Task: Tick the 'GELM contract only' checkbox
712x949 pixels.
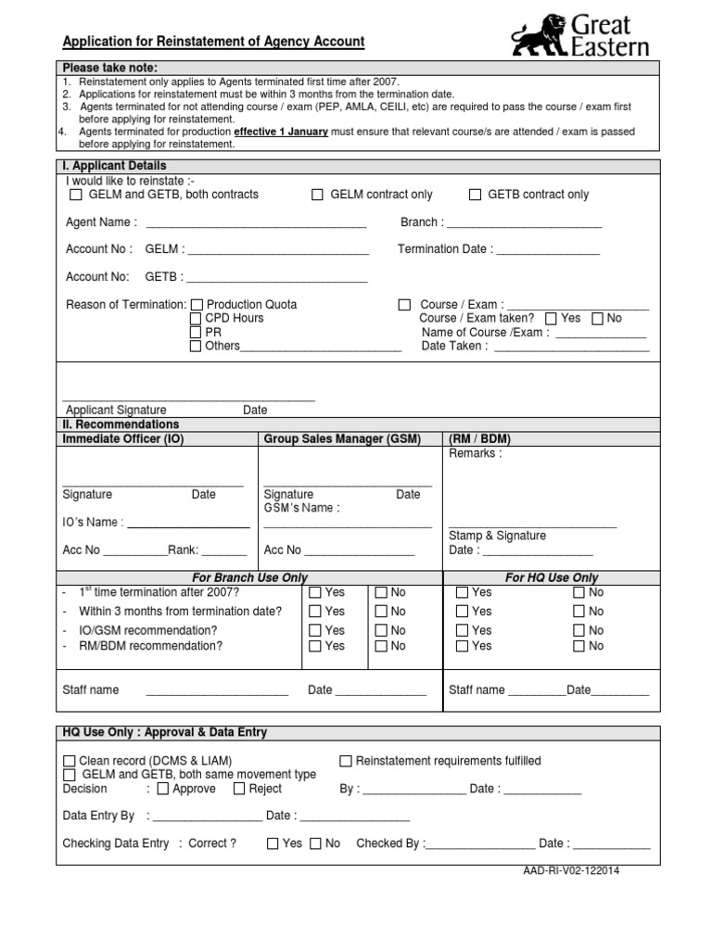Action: [x=317, y=195]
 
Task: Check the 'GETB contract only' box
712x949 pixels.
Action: [x=475, y=195]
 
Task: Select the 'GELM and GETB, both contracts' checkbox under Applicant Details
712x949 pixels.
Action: [x=76, y=195]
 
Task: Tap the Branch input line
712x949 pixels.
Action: [x=525, y=223]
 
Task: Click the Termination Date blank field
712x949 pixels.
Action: [x=547, y=250]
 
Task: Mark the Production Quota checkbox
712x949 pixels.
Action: [x=196, y=305]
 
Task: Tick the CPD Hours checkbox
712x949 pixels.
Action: [x=196, y=319]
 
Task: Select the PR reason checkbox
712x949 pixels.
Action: [x=196, y=332]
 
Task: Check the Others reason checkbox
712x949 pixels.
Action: [x=196, y=346]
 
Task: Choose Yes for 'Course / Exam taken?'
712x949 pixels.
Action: [x=551, y=318]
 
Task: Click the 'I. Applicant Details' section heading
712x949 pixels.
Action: [x=114, y=166]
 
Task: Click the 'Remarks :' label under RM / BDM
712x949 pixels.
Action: [x=475, y=453]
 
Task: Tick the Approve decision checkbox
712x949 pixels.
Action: [x=163, y=789]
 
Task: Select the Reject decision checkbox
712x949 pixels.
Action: [x=239, y=789]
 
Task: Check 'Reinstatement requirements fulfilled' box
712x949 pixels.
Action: [x=346, y=761]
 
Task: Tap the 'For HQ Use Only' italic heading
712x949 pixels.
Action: [x=551, y=577]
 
